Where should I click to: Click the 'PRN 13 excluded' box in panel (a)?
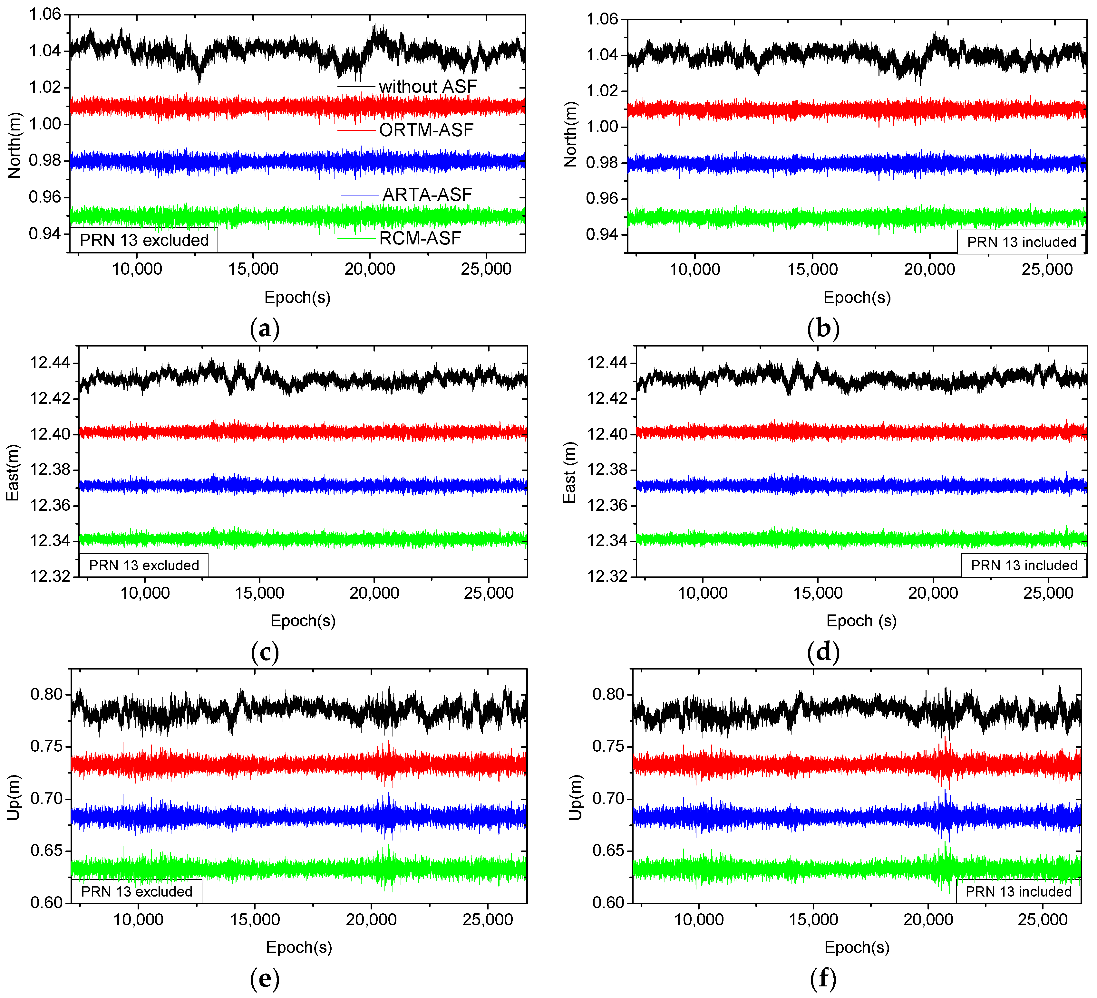pyautogui.click(x=144, y=240)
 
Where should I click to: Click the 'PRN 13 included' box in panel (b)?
pyautogui.click(x=1021, y=242)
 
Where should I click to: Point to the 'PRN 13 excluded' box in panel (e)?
pyautogui.click(x=137, y=891)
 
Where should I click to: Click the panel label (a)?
pyautogui.click(x=265, y=328)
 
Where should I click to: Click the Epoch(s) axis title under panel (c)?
pyautogui.click(x=303, y=621)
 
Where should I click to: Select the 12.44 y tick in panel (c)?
pyautogui.click(x=50, y=363)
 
